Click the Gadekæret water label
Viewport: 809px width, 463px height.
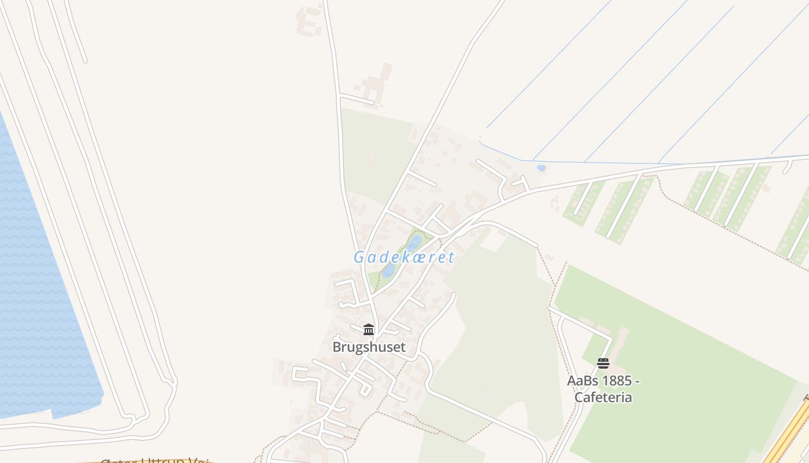click(x=404, y=257)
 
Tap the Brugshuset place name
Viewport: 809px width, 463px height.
click(x=369, y=347)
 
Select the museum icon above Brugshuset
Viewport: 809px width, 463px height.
click(x=369, y=329)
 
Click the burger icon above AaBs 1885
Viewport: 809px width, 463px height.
click(x=603, y=363)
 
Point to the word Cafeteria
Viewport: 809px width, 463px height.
click(x=603, y=398)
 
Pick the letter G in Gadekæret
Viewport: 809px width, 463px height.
click(x=359, y=257)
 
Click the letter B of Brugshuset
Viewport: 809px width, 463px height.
click(x=337, y=347)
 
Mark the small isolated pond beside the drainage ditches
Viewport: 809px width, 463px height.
click(x=541, y=168)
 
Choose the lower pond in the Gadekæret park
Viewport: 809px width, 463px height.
click(x=389, y=270)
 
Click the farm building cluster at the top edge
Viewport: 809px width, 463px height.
click(x=310, y=20)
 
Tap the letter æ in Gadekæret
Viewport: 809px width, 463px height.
click(x=422, y=257)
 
